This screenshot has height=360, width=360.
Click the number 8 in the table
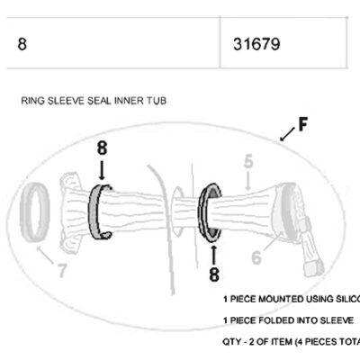pyautogui.click(x=22, y=42)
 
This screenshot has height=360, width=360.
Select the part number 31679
pyautogui.click(x=256, y=42)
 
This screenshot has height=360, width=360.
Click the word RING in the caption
pyautogui.click(x=33, y=101)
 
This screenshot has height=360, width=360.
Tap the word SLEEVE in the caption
pyautogui.click(x=72, y=101)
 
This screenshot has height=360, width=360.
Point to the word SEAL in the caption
pyautogui.click(x=110, y=101)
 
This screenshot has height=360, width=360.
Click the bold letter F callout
pyautogui.click(x=302, y=124)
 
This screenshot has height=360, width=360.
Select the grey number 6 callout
pyautogui.click(x=256, y=257)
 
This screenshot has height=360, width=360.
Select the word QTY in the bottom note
pyautogui.click(x=232, y=342)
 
